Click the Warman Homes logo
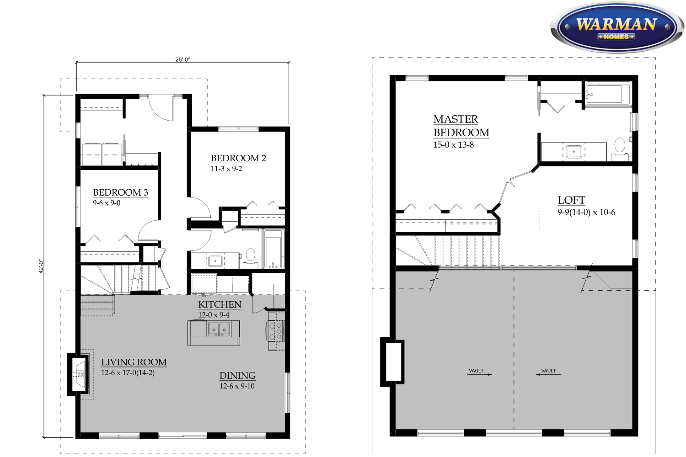tap(617, 28)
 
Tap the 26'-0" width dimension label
tap(182, 59)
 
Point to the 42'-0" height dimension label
tap(41, 266)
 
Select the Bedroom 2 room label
tap(239, 158)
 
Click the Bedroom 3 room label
tap(120, 192)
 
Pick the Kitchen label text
tap(220, 304)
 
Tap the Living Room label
tap(134, 362)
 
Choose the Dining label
tap(237, 376)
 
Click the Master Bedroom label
tap(461, 126)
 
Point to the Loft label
tap(572, 200)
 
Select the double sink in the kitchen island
tap(219, 329)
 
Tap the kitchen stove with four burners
tap(275, 330)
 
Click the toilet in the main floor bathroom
tap(250, 258)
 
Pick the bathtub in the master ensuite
tap(608, 94)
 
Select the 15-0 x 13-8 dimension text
tap(454, 145)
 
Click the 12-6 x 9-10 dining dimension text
tap(237, 386)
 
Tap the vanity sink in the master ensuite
tap(573, 152)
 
